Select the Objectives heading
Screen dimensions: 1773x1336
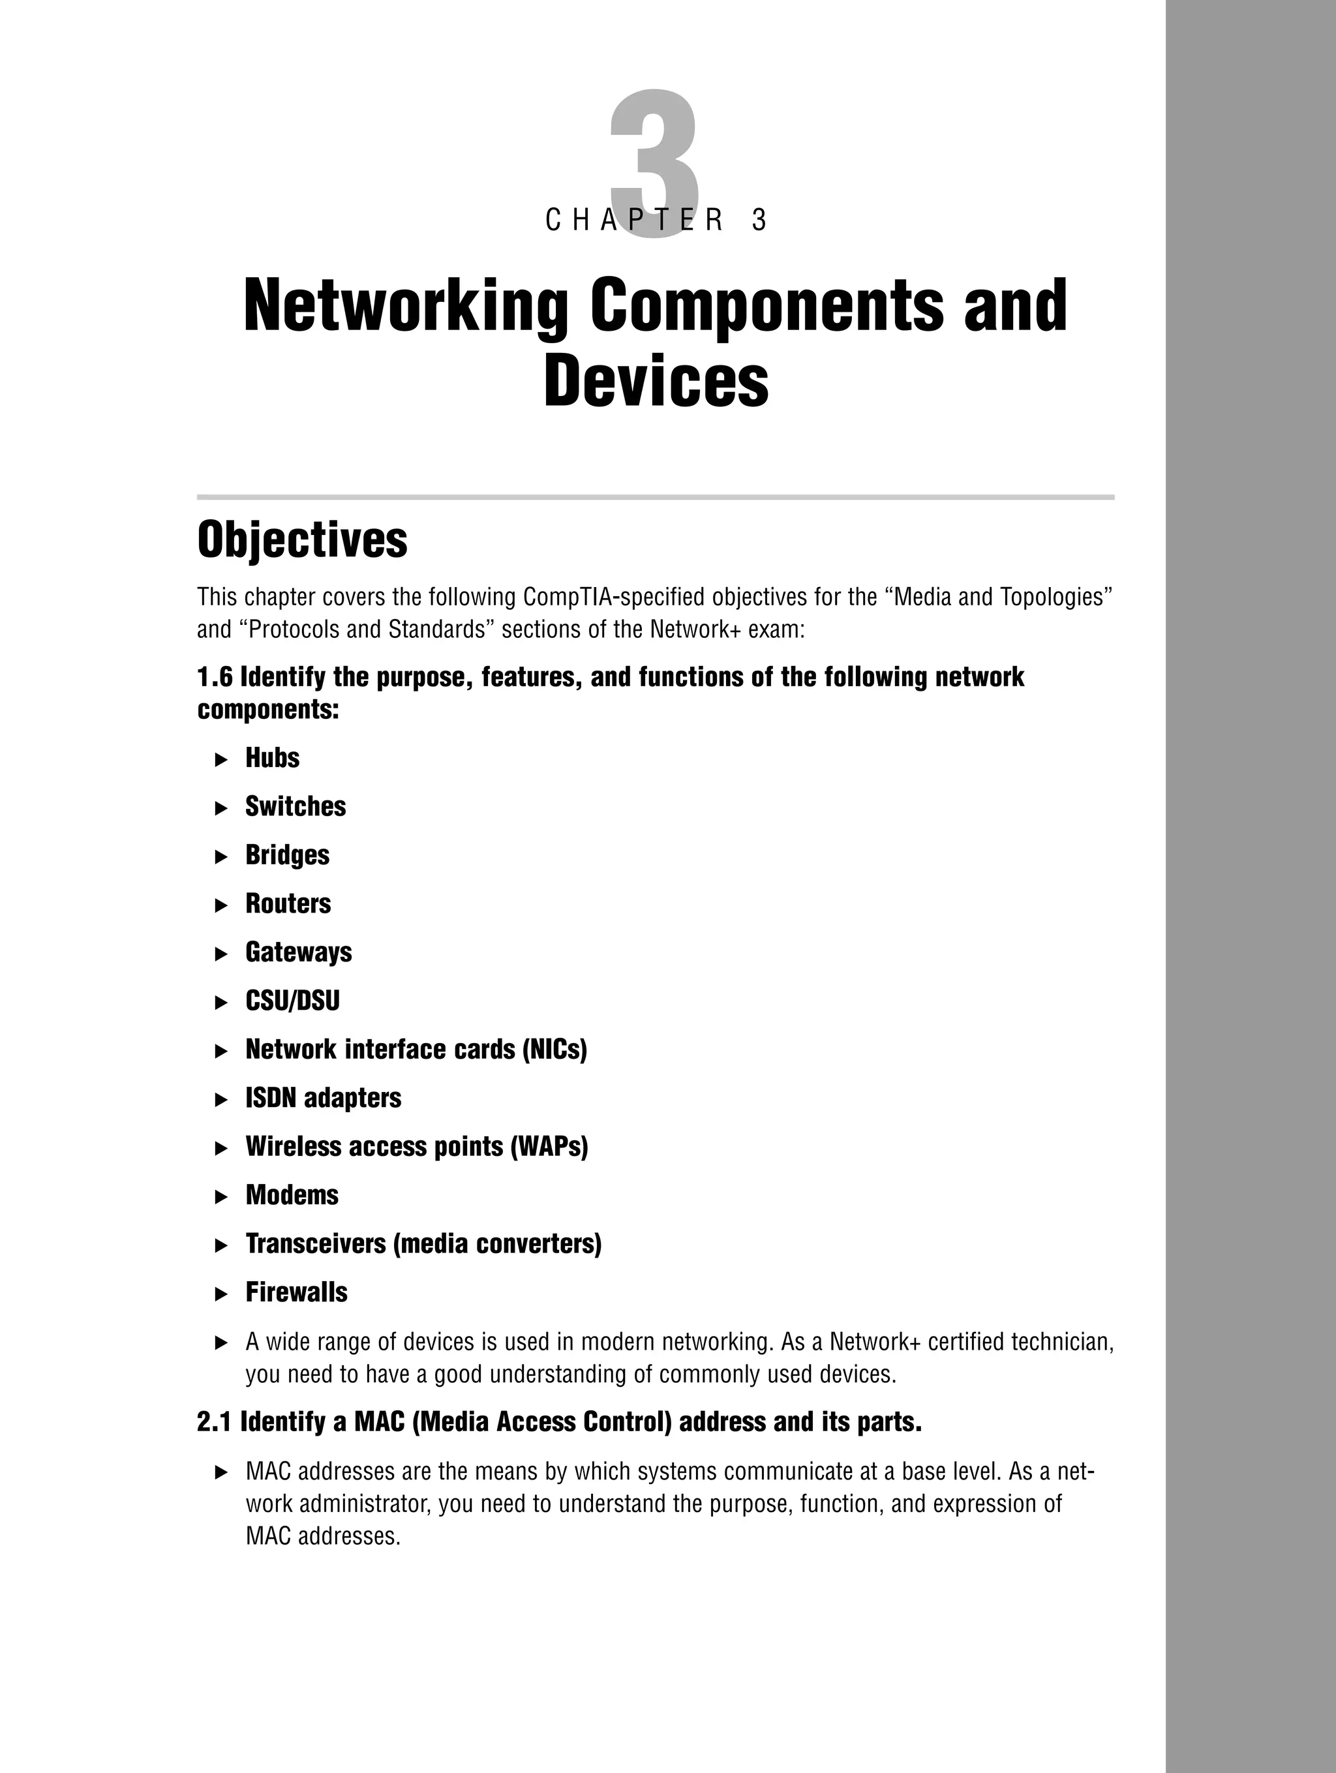[302, 539]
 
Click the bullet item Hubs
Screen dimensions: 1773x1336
[273, 757]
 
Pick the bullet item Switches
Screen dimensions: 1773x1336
[296, 806]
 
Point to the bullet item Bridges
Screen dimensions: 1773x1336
[287, 855]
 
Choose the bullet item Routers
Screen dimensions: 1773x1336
[288, 903]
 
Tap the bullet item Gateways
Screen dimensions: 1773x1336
[298, 952]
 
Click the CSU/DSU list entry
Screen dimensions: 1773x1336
[292, 1001]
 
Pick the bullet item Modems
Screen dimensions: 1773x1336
[292, 1195]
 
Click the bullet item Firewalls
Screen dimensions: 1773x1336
[297, 1292]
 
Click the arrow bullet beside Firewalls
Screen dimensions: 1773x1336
[222, 1294]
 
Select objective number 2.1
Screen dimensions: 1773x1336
[214, 1422]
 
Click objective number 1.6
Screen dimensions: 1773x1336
[214, 677]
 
